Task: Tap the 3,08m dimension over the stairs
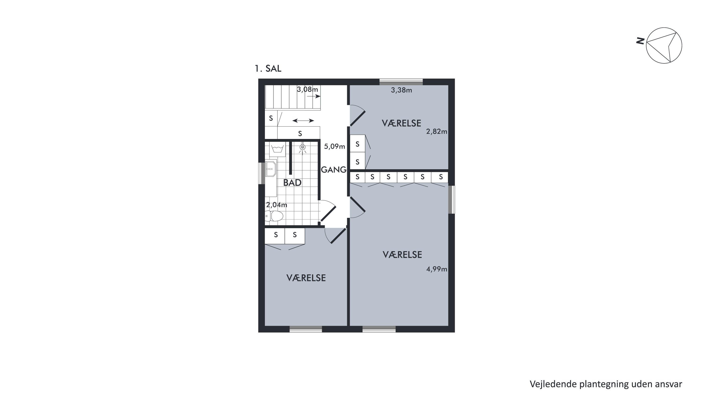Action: coord(307,89)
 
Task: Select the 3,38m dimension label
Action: coord(401,90)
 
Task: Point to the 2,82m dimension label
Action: coord(437,132)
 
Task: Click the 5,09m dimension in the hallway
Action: coord(334,146)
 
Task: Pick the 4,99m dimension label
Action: coord(437,269)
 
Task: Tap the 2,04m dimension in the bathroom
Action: coord(277,205)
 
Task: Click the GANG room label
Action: coord(333,170)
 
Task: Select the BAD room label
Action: coord(292,183)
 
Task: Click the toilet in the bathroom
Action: coord(274,216)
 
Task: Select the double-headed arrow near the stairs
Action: coord(303,120)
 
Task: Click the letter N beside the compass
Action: coord(640,41)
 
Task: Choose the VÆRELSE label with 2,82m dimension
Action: coord(401,123)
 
